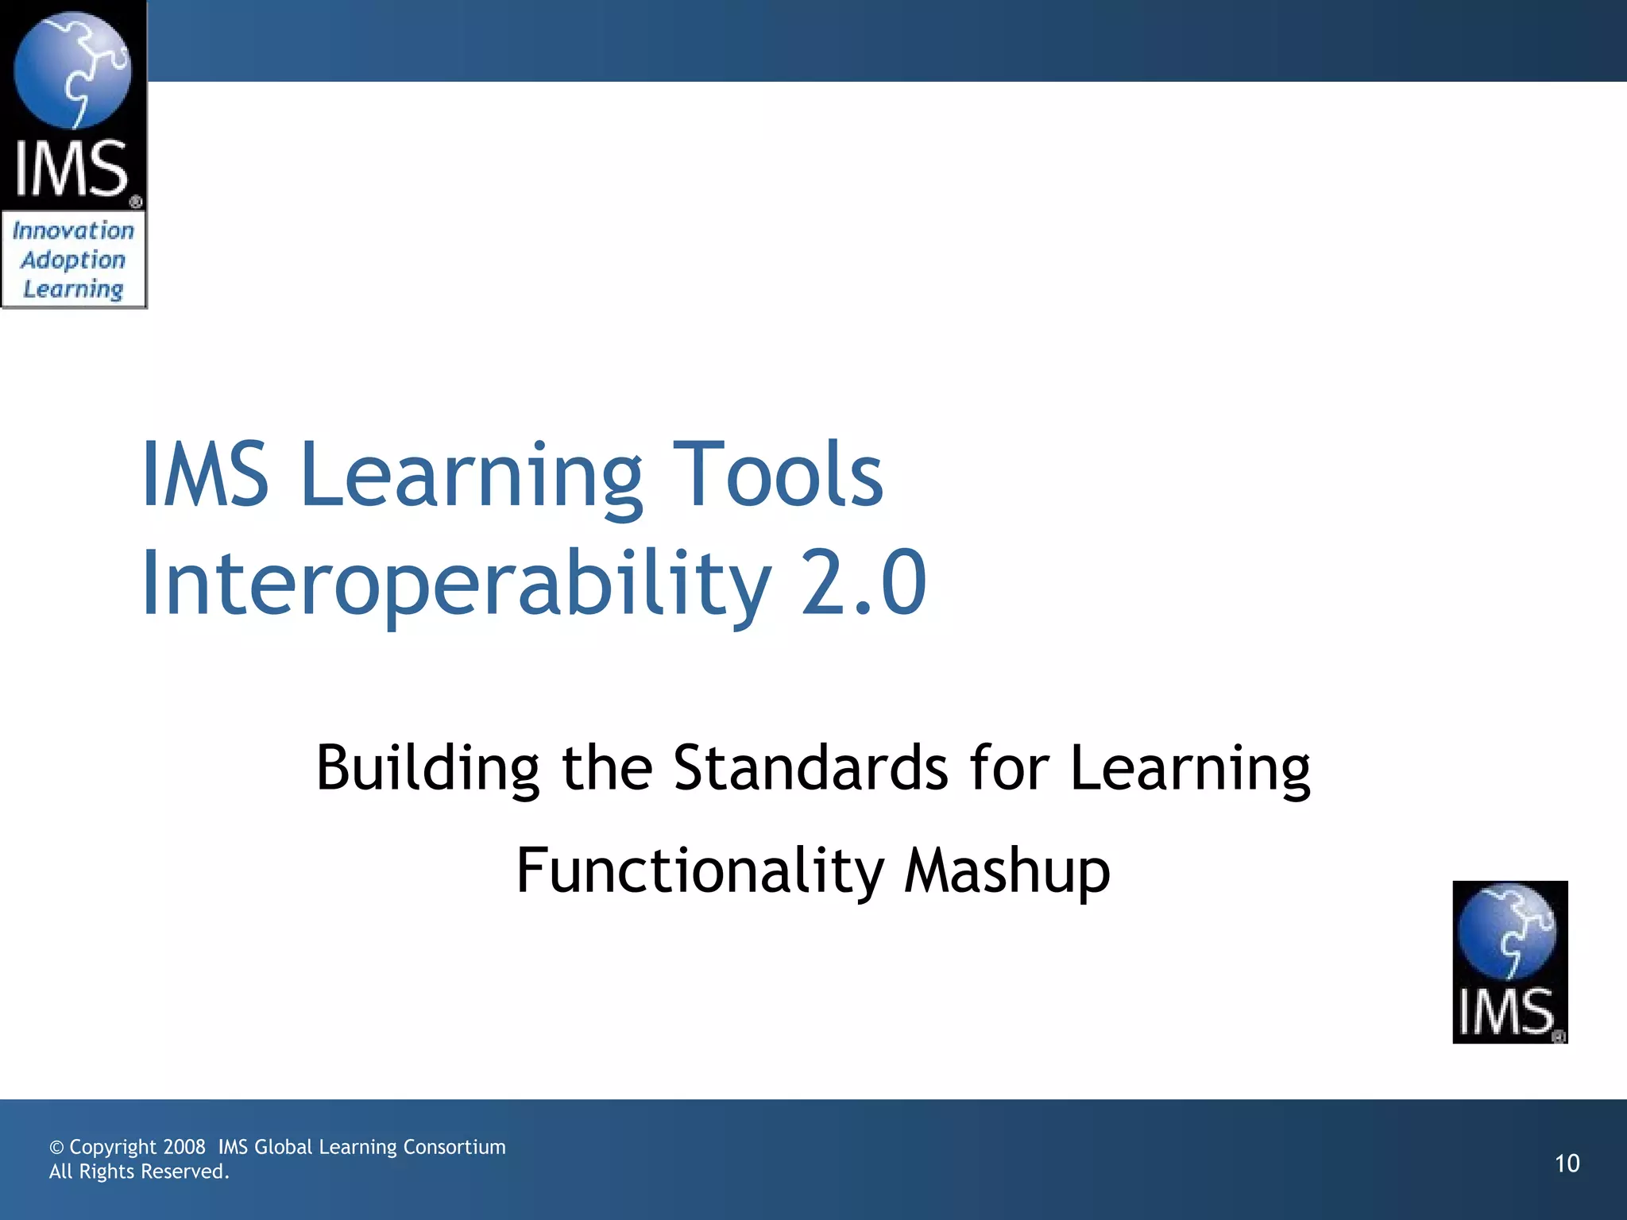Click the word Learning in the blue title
coord(470,475)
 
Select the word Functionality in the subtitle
coord(699,871)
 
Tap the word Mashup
coord(1007,871)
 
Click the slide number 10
coord(1567,1164)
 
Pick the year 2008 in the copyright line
coord(184,1147)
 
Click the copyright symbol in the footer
coord(56,1148)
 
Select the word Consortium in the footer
coord(454,1147)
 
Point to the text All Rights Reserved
coord(139,1172)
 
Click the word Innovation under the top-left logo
coord(73,231)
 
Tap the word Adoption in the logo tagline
coord(73,260)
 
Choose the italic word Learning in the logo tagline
coord(73,288)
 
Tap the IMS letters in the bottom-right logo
coord(1506,1012)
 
